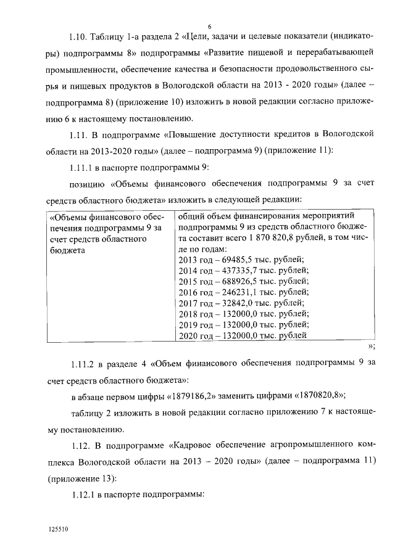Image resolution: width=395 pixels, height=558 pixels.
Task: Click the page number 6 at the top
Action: tap(210, 27)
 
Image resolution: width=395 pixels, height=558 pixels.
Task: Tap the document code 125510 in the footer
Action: tap(59, 530)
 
